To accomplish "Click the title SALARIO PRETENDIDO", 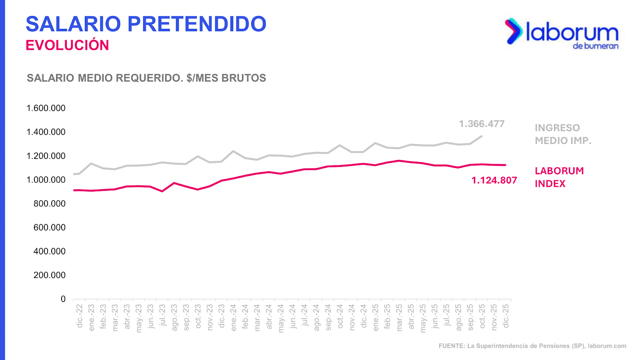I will pos(146,24).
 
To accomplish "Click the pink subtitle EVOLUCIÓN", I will pos(67,45).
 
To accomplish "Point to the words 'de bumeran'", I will pos(596,46).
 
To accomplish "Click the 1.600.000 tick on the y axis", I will pos(46,108).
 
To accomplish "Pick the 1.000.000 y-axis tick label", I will pos(46,180).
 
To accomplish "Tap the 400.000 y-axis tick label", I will pos(50,252).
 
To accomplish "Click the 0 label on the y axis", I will pos(63,299).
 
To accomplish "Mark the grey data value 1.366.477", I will pos(482,124).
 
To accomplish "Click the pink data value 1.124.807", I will pos(494,180).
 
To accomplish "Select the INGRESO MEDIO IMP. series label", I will pos(563,134).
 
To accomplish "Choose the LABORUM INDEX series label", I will pos(559,177).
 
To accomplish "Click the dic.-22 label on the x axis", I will pos(80,316).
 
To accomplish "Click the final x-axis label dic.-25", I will pos(506,316).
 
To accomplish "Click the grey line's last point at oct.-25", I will pos(482,136).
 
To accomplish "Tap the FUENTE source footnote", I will pos(532,346).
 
